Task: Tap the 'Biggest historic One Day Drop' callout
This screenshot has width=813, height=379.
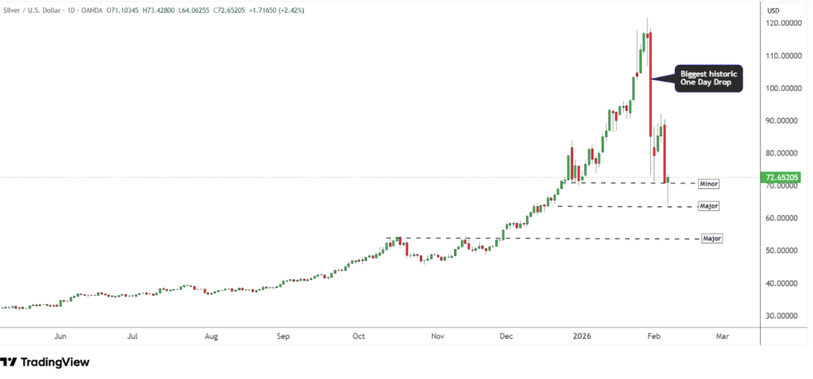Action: pyautogui.click(x=709, y=78)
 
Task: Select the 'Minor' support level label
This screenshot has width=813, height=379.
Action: pyautogui.click(x=709, y=184)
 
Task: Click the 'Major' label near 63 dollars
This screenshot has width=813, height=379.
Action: pyautogui.click(x=709, y=206)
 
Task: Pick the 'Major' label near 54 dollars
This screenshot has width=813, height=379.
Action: pyautogui.click(x=712, y=238)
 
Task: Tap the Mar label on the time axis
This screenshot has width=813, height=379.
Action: pyautogui.click(x=722, y=336)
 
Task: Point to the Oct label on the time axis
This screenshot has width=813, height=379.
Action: pyautogui.click(x=359, y=336)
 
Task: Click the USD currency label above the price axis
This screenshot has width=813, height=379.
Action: pyautogui.click(x=774, y=10)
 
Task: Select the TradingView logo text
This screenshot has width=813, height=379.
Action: pyautogui.click(x=54, y=362)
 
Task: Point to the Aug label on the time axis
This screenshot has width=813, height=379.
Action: pyautogui.click(x=210, y=336)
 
